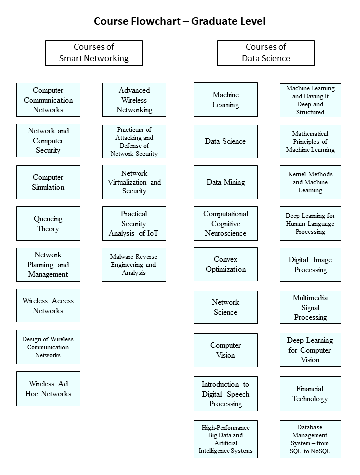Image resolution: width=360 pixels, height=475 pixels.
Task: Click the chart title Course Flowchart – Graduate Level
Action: (180, 21)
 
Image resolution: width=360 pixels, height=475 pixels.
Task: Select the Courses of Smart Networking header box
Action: (94, 53)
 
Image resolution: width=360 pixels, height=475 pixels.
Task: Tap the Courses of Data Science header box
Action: (266, 53)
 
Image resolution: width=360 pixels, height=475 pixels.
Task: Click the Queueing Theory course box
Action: (48, 224)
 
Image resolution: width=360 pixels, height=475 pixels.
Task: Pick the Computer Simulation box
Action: (48, 182)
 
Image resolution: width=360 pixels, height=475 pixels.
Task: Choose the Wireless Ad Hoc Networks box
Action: (48, 389)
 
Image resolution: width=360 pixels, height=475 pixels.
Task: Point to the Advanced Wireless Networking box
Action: (134, 100)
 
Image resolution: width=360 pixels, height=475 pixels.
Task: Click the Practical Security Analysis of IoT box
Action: (134, 224)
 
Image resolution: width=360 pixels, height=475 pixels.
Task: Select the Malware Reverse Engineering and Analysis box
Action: (134, 265)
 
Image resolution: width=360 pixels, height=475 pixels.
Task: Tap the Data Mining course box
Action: (226, 182)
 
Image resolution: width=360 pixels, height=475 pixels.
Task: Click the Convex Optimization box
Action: (226, 264)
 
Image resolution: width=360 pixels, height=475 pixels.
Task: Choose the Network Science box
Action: (226, 307)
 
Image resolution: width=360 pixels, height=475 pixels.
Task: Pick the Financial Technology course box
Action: (310, 394)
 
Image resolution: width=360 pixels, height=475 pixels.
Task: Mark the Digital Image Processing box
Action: (310, 265)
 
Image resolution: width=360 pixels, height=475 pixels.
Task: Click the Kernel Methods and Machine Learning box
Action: (310, 182)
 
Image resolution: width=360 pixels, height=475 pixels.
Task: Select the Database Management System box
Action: (310, 439)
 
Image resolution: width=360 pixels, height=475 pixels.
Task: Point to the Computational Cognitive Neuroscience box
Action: (226, 224)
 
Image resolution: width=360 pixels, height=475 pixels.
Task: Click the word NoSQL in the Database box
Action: (320, 451)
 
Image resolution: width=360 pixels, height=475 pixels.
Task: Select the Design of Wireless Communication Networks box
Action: (48, 347)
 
